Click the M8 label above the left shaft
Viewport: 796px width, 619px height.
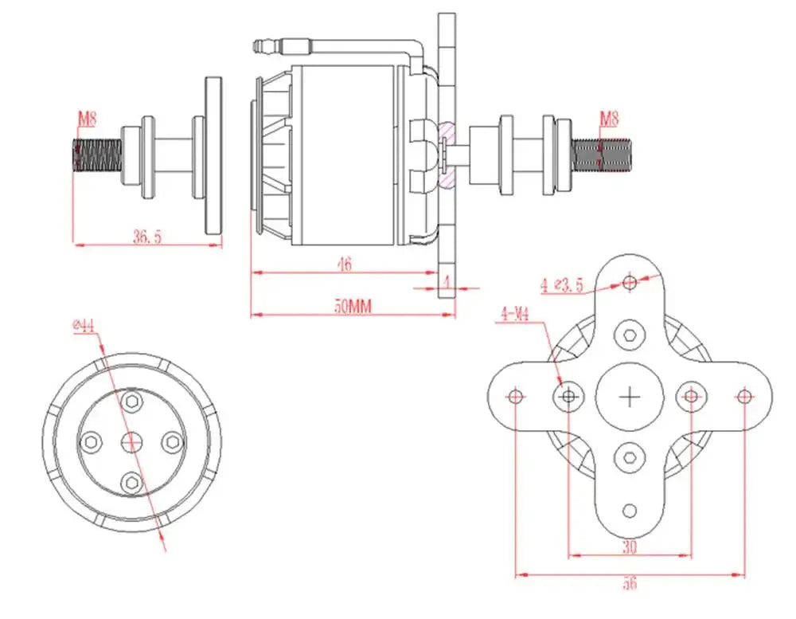[x=87, y=119]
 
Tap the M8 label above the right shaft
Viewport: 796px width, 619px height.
[x=609, y=119]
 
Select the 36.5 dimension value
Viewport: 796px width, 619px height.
[x=147, y=237]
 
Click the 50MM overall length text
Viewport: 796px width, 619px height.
[x=353, y=306]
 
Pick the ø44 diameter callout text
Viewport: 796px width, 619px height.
[x=83, y=325]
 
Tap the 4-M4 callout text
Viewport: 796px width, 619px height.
[x=515, y=314]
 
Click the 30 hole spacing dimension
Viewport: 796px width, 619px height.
[x=630, y=548]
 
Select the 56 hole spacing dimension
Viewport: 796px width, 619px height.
[x=630, y=584]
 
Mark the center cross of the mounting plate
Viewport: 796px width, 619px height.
[x=630, y=396]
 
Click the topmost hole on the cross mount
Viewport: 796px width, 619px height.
[x=630, y=282]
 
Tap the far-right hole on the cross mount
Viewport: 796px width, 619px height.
[x=743, y=396]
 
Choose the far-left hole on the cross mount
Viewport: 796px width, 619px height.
[x=516, y=396]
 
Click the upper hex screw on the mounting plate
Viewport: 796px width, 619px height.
[x=630, y=335]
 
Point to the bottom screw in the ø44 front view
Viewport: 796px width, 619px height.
[x=131, y=480]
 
